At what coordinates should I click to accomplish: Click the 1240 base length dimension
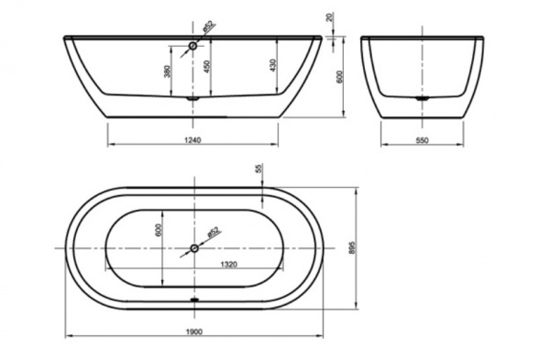[192, 140]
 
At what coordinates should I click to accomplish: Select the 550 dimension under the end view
[422, 140]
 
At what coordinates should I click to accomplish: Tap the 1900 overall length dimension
[193, 332]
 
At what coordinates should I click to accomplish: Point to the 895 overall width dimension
[352, 248]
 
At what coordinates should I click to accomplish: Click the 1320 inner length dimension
[228, 265]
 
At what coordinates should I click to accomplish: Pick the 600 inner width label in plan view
[159, 230]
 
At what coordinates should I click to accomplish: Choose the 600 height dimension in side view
[339, 77]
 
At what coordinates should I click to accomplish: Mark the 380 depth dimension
[168, 71]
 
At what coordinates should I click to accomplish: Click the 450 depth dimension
[206, 66]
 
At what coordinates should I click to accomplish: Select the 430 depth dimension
[273, 65]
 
